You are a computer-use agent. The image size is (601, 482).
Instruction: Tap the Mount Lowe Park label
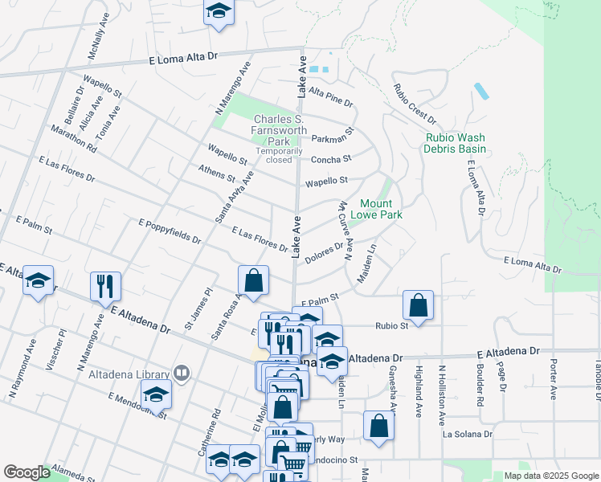click(x=375, y=209)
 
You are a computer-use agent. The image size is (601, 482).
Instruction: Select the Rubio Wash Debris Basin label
click(x=456, y=144)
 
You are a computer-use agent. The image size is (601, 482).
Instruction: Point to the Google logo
click(x=27, y=472)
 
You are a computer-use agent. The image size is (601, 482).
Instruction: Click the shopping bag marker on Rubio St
click(x=418, y=304)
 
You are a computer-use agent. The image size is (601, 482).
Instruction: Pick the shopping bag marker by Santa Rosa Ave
click(x=253, y=280)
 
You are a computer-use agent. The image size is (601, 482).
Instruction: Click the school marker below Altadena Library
click(x=156, y=394)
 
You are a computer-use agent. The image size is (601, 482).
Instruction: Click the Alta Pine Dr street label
click(x=331, y=97)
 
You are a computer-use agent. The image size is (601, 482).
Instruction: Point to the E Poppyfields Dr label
click(x=170, y=231)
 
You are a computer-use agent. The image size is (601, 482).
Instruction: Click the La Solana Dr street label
click(x=467, y=434)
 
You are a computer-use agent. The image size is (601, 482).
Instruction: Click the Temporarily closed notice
click(x=279, y=155)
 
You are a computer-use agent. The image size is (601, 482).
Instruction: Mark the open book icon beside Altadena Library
click(x=182, y=374)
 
